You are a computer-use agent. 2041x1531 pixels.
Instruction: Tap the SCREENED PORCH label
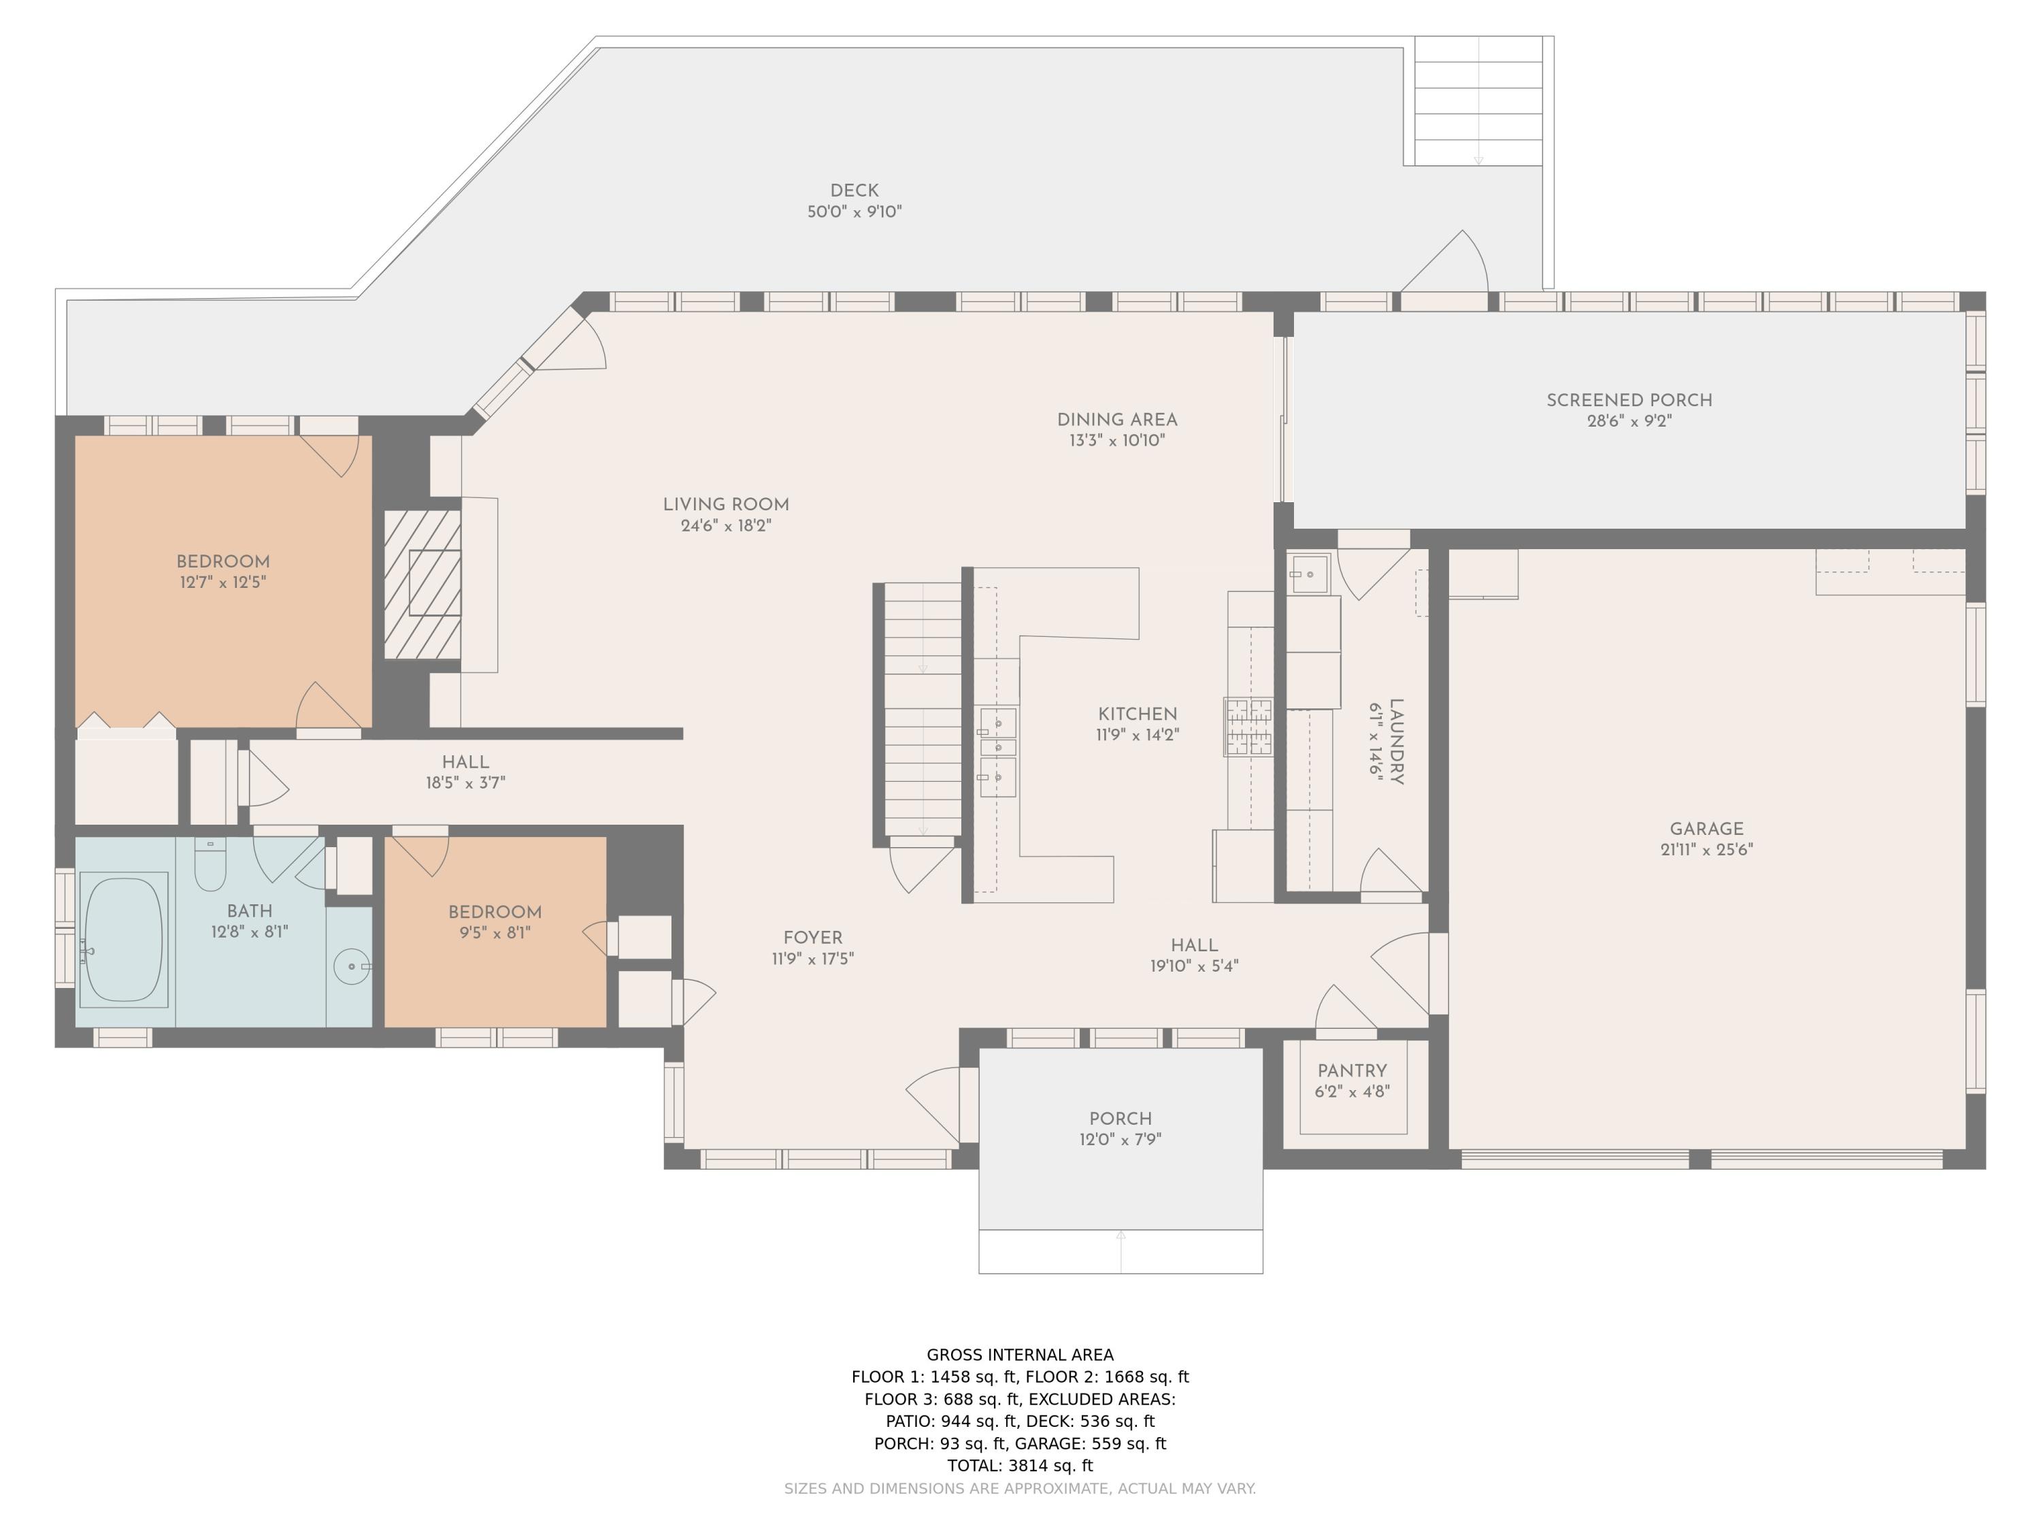click(x=1629, y=401)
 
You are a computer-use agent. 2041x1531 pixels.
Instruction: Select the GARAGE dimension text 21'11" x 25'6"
click(x=1706, y=850)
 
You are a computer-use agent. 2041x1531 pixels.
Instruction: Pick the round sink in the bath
click(x=352, y=966)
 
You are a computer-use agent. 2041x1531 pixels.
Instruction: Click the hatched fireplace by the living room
click(x=422, y=584)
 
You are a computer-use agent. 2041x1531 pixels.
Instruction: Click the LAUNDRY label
click(x=1396, y=741)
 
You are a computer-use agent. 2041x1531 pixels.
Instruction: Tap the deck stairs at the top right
click(x=1478, y=101)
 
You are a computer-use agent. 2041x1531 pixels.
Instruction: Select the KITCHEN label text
click(x=1138, y=714)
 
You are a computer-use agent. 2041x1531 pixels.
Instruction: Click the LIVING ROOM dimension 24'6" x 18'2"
click(x=725, y=526)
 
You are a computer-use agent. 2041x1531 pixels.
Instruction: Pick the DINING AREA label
click(x=1117, y=420)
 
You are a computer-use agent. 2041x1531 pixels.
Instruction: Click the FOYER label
click(x=813, y=938)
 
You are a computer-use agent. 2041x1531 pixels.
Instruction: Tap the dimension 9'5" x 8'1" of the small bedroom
click(x=495, y=933)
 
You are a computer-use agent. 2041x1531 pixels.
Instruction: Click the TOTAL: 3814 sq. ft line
click(x=1020, y=1466)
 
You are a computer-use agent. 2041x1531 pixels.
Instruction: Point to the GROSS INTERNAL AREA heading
click(x=1020, y=1355)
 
